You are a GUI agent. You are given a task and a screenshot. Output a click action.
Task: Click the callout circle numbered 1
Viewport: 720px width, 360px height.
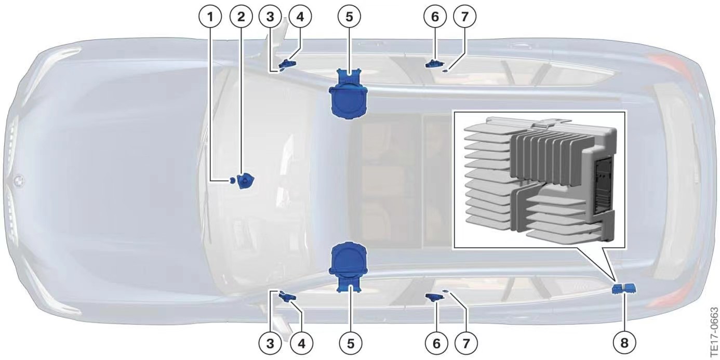coord(210,17)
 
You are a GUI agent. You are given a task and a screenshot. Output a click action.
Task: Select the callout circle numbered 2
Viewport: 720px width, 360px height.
coord(241,17)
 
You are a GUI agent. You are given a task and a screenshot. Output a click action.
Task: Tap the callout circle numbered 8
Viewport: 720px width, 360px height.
coord(624,343)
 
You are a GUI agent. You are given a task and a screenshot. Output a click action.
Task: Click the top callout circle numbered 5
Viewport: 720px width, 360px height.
coord(350,17)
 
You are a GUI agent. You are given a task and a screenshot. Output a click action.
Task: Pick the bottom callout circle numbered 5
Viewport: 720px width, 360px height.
coord(350,343)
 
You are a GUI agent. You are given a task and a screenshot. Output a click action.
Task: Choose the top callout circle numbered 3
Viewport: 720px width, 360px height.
coord(270,17)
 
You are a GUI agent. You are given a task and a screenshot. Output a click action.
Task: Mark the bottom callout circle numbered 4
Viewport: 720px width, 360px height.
coord(301,343)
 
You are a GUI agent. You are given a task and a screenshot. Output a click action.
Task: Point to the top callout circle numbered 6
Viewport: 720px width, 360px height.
coord(435,17)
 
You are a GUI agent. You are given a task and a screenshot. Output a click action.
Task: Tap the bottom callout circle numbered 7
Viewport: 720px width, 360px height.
coord(466,343)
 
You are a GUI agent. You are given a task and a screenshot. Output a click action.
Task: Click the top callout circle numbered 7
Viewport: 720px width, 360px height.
coord(464,17)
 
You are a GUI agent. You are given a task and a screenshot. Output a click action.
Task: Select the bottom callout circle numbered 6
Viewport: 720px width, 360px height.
coord(436,343)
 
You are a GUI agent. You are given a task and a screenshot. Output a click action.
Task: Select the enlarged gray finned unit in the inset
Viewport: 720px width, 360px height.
coord(540,180)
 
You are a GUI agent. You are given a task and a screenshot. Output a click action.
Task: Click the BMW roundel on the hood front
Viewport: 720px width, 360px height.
coord(19,180)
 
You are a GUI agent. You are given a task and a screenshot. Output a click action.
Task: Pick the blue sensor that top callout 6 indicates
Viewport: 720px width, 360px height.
coord(434,64)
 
